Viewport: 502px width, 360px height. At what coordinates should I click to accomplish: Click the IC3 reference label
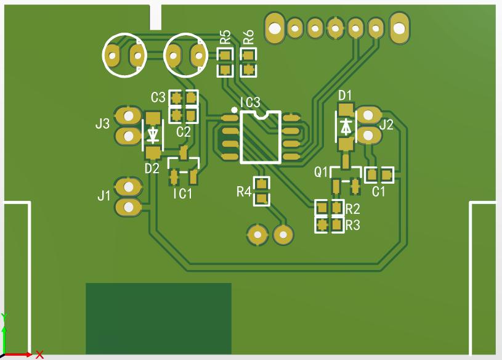coord(249,102)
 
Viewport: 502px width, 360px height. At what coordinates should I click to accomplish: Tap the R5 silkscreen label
coord(225,37)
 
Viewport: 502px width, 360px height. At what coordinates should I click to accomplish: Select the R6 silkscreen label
coord(248,37)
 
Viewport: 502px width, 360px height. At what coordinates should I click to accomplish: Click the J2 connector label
coord(387,125)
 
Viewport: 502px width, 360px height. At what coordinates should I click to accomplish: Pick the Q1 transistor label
coord(322,171)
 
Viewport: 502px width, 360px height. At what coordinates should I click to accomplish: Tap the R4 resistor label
coord(244,192)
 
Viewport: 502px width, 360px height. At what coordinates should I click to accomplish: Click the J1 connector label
coord(103,196)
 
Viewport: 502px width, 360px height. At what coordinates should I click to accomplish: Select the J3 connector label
coord(102,124)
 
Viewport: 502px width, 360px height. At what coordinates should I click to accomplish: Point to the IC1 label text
coord(182,194)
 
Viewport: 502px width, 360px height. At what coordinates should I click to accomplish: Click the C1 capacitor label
coord(379,191)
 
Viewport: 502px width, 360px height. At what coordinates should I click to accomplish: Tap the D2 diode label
coord(152,168)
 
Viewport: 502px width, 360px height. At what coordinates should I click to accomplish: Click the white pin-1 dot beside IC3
coord(233,110)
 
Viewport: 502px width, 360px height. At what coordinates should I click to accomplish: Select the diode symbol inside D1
coord(346,126)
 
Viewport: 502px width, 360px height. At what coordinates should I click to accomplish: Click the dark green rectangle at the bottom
coord(158,318)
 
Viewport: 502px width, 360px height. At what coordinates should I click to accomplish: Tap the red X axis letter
coord(39,354)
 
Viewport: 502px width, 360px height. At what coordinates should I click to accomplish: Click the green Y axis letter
coord(4,317)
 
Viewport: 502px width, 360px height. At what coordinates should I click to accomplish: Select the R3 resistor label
coord(352,225)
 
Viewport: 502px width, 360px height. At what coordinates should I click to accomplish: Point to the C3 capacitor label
coord(158,97)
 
